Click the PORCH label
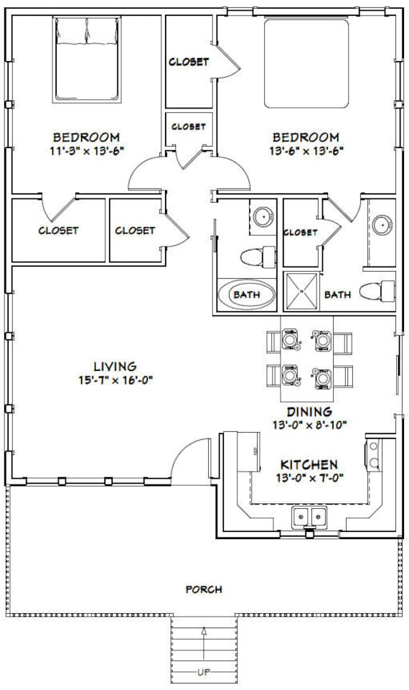[204, 589]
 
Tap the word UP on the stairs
[204, 672]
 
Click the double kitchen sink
[310, 516]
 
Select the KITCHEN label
[309, 464]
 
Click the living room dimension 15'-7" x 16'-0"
[116, 379]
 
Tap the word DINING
[309, 412]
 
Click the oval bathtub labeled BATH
[247, 295]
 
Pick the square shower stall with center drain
[302, 291]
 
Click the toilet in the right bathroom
[377, 291]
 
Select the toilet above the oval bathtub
[258, 257]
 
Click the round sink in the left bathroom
[263, 216]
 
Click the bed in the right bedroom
[306, 63]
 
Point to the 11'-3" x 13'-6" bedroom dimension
[87, 151]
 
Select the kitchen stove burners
[373, 454]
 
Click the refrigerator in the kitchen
[248, 452]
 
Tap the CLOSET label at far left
[58, 231]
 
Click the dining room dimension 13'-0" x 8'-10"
[310, 425]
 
